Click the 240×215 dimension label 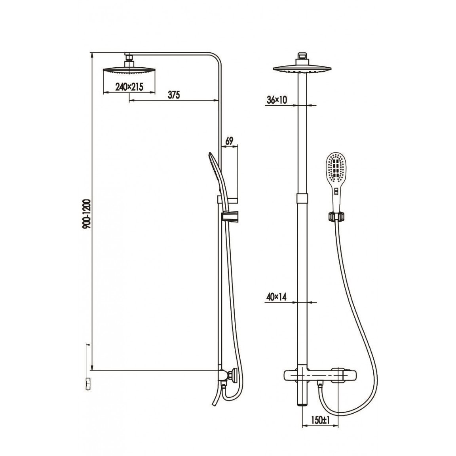129,87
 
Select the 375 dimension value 174,95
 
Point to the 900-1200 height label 87,214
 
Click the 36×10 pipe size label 277,100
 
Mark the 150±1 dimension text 321,420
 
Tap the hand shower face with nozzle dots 336,168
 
